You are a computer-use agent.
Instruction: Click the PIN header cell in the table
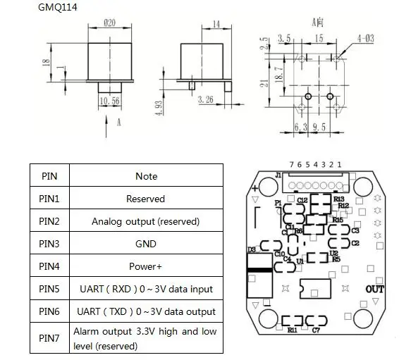click(x=49, y=176)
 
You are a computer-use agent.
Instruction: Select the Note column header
click(x=146, y=176)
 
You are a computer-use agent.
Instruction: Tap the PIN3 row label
click(x=49, y=244)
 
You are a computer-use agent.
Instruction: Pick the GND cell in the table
click(x=146, y=244)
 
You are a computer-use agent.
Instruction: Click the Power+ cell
click(x=146, y=266)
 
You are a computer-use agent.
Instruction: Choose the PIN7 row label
click(x=49, y=338)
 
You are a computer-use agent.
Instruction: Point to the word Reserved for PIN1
click(x=146, y=199)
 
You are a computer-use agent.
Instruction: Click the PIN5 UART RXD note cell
click(x=146, y=289)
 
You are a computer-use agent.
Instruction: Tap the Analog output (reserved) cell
click(x=146, y=221)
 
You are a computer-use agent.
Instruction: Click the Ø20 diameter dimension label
click(x=109, y=23)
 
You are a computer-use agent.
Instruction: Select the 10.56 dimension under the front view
click(x=109, y=101)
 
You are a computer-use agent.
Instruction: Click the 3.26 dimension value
click(x=206, y=99)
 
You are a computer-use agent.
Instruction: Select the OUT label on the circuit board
click(x=375, y=289)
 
